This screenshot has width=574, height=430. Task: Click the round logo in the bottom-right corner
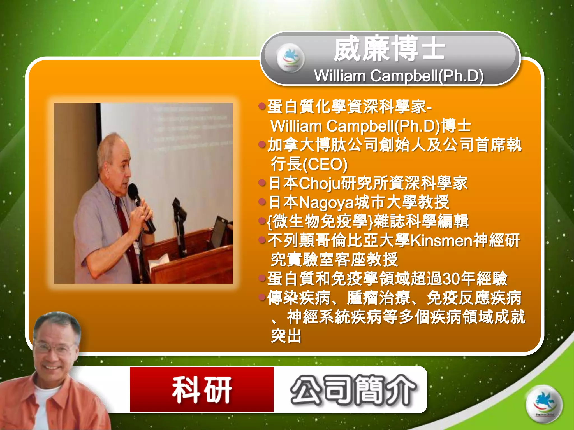point(544,404)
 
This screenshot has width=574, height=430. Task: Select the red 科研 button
point(202,389)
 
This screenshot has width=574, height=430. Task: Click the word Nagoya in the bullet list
point(326,202)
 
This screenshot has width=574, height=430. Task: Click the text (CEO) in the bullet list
point(325,164)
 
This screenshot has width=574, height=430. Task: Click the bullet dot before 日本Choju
point(262,183)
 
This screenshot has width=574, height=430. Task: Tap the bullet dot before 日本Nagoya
point(262,202)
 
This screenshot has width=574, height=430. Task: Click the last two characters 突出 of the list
point(286,336)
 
